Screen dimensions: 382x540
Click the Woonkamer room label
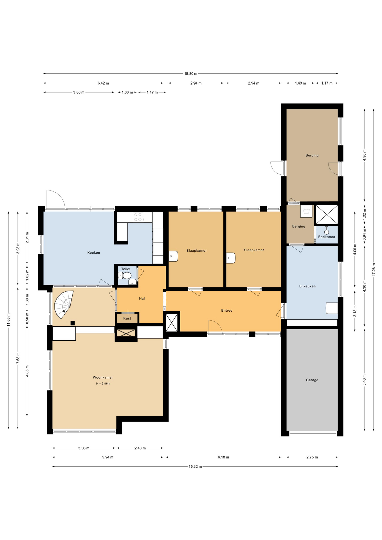pos(103,377)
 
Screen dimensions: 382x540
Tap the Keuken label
pos(94,253)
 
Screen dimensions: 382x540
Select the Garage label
pos(312,380)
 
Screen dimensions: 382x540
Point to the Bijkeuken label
pos(307,286)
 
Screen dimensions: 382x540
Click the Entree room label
pos(227,310)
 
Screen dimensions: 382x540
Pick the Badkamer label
pos(327,237)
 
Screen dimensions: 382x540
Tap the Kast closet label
pos(127,318)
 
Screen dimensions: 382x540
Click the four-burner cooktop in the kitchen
pos(139,217)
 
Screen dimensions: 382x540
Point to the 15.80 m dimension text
pos(191,74)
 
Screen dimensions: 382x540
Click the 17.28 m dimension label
pos(374,269)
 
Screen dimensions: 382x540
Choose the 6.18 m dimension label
pos(223,457)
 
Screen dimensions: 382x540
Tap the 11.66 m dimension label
pos(8,320)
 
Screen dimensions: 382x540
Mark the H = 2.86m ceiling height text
pos(103,384)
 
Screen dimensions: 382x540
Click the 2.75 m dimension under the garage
pos(312,457)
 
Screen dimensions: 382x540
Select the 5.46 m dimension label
pos(364,380)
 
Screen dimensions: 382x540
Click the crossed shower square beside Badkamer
pos(326,215)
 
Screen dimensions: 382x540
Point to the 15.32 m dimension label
pos(195,466)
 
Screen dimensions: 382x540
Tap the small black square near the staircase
pos(73,323)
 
